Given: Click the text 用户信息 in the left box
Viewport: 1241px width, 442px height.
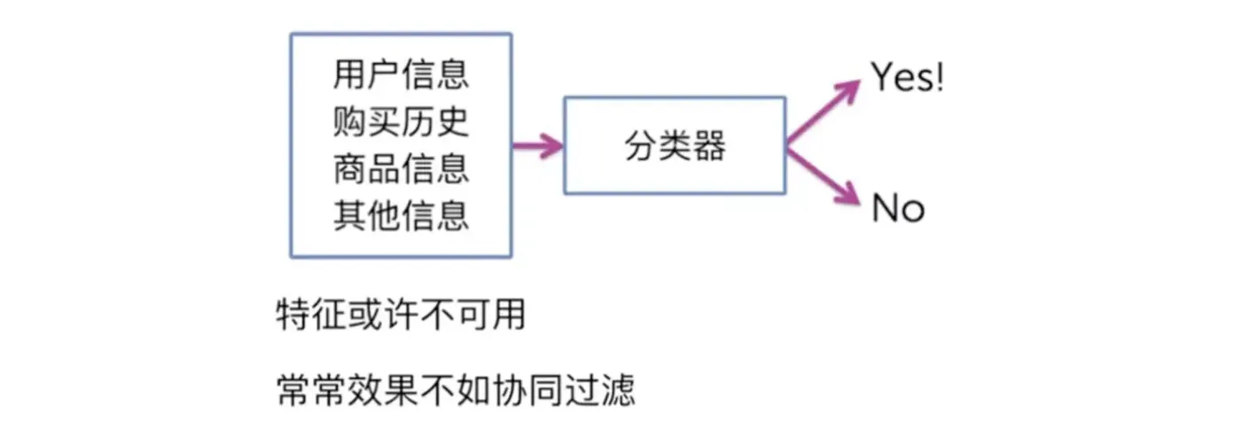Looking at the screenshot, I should pyautogui.click(x=401, y=74).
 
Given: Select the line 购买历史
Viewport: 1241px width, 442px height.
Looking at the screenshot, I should pyautogui.click(x=401, y=121).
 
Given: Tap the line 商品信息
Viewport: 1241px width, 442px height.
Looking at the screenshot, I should pyautogui.click(x=401, y=168).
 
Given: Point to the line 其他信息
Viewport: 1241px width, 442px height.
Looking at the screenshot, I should pyautogui.click(x=401, y=215).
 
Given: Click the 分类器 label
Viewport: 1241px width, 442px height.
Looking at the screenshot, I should pyautogui.click(x=675, y=146).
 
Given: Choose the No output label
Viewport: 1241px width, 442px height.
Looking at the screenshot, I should pyautogui.click(x=898, y=209).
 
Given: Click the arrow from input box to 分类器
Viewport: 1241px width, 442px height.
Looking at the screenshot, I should pyautogui.click(x=537, y=146).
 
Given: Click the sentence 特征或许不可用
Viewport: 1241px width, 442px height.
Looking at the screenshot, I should pyautogui.click(x=401, y=315).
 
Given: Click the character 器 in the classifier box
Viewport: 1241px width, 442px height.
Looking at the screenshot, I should pyautogui.click(x=709, y=146).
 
